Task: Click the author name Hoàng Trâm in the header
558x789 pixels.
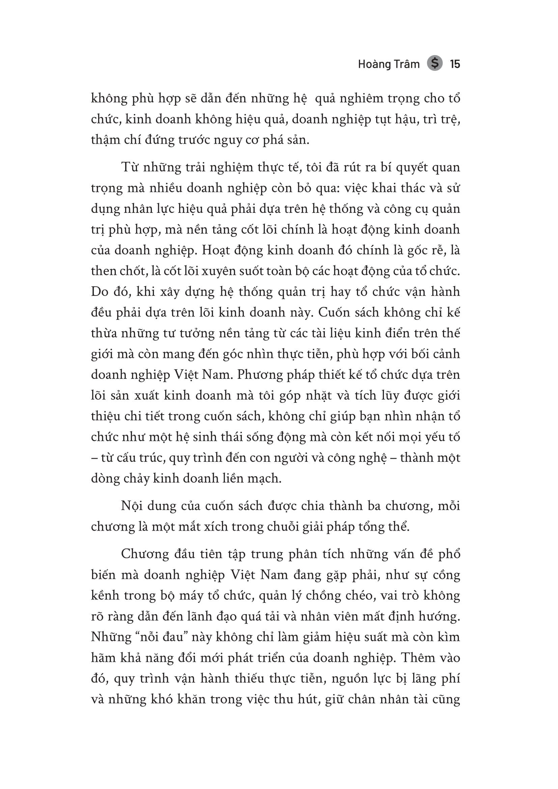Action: tap(389, 64)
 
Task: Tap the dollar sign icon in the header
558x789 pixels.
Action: tap(435, 63)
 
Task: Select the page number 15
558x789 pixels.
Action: tap(455, 64)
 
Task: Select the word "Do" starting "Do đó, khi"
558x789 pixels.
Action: tap(99, 292)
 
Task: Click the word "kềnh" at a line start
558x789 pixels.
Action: tap(105, 595)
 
